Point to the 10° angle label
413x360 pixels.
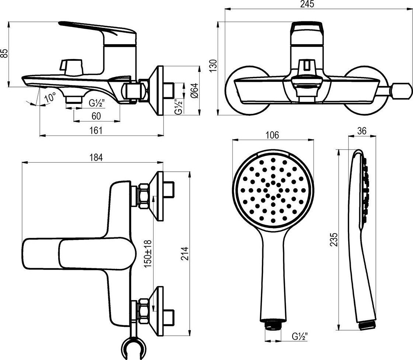tap(50, 97)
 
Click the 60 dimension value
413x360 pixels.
tap(96, 116)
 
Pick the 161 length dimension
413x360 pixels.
tap(96, 130)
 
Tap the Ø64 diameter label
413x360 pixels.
tap(195, 91)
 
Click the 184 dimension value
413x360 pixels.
tap(96, 157)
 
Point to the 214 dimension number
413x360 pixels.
tap(185, 254)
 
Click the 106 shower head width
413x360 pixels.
tap(272, 135)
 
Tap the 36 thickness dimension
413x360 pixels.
tap(362, 132)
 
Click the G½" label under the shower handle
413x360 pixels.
tap(300, 336)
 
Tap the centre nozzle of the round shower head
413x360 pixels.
tap(273, 190)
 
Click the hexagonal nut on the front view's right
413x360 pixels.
tap(402, 91)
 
